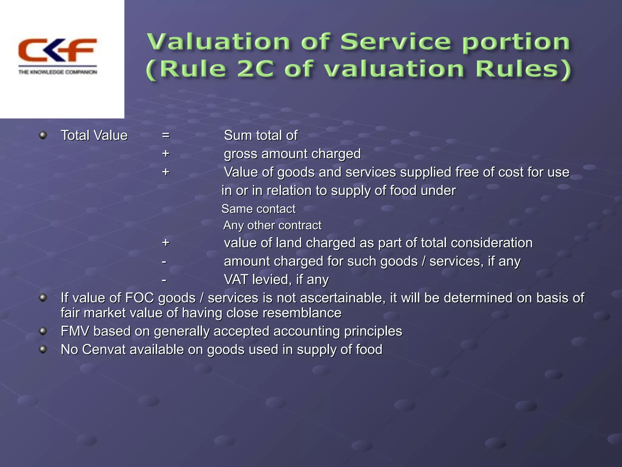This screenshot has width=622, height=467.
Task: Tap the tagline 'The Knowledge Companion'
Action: pos(58,72)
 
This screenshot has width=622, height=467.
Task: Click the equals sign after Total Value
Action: pos(166,135)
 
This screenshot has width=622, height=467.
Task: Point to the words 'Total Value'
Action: pos(94,136)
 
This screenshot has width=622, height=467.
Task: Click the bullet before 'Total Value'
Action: pos(43,135)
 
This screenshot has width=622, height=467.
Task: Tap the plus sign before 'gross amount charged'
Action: pos(166,154)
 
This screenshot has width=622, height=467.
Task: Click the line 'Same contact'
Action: pos(258,209)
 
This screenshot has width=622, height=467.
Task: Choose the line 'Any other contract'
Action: pos(272,225)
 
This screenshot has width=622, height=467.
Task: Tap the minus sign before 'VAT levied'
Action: pos(164,280)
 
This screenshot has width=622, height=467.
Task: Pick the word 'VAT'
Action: pos(236,280)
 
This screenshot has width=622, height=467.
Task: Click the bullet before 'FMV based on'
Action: pos(43,330)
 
